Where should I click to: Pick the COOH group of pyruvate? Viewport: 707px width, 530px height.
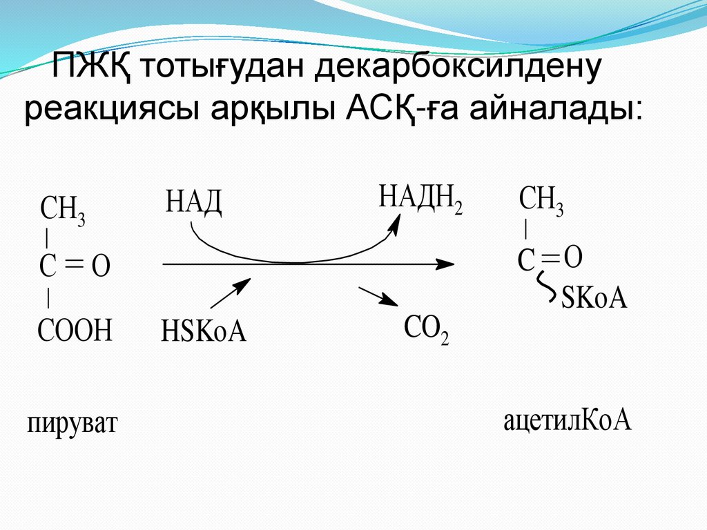tap(75, 331)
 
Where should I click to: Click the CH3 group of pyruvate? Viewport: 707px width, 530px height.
tap(64, 209)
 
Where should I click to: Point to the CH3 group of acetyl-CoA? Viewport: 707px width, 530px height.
tap(541, 201)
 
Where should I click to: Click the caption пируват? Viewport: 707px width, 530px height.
tap(73, 422)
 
